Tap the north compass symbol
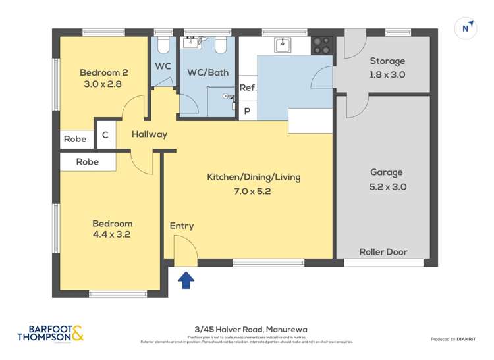click(x=466, y=28)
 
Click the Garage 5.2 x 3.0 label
click(x=387, y=179)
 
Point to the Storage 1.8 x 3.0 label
click(x=387, y=68)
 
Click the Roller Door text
click(x=383, y=251)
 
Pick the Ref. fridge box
click(x=248, y=88)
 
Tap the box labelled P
click(x=248, y=111)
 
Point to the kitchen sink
click(x=283, y=45)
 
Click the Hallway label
click(x=149, y=134)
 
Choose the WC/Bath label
click(x=208, y=72)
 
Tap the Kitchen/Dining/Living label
click(x=248, y=184)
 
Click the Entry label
click(x=182, y=226)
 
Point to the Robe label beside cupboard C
click(x=75, y=139)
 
